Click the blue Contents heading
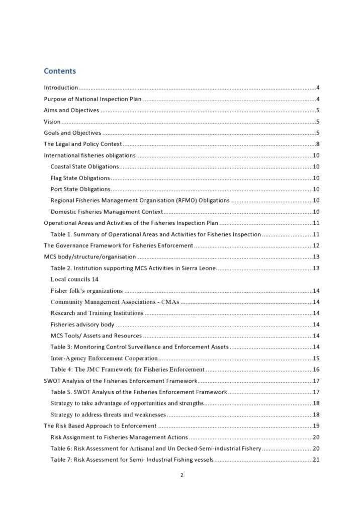coord(60,71)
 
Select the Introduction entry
coord(61,88)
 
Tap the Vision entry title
coord(52,122)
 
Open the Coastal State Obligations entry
coord(84,167)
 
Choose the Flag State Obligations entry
coord(80,178)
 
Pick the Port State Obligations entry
coord(80,189)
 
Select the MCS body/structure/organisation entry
coord(89,257)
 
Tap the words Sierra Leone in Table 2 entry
coord(200,269)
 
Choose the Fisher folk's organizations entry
coord(86,291)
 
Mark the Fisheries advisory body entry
coord(82,324)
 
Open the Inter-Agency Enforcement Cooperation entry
coord(104,359)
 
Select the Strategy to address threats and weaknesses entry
coord(108,415)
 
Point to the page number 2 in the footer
coord(182,476)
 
